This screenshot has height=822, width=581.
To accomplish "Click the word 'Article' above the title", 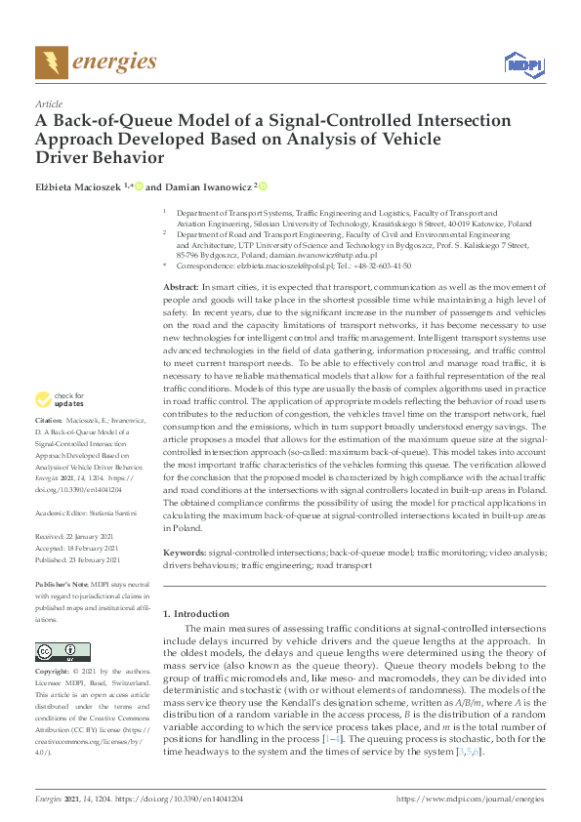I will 49,103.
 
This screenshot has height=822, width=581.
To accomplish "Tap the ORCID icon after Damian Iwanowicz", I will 262,185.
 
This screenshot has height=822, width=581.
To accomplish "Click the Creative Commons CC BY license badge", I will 57,651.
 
